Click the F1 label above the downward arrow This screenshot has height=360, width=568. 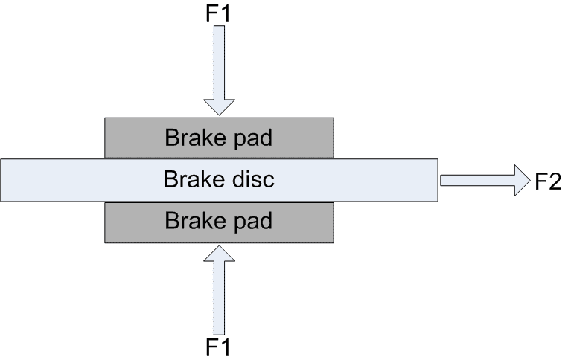tap(220, 13)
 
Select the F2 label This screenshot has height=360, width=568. tap(547, 181)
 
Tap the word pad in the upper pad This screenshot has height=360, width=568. tap(251, 138)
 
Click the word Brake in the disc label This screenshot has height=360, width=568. tap(190, 180)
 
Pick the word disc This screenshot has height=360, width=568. tap(249, 180)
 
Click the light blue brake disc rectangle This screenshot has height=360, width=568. tap(74, 180)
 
